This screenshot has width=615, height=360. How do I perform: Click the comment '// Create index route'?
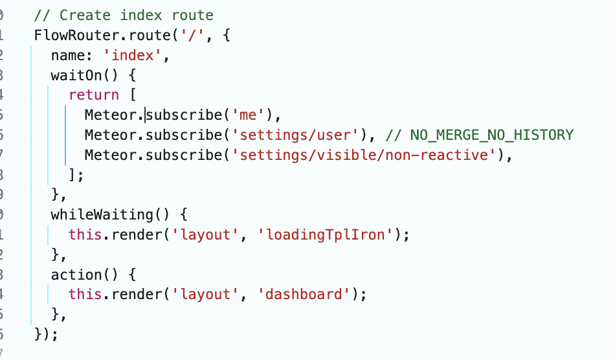124,16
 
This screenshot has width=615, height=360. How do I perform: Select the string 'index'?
133,55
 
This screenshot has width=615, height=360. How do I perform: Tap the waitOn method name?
76,75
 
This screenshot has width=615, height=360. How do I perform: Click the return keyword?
94,95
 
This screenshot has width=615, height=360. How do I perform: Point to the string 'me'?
248,115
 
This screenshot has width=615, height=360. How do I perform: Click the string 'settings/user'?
295,135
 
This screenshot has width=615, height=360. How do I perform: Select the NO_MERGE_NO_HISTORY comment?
479,135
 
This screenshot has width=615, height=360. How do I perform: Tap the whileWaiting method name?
102,214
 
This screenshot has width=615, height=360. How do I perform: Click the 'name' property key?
68,55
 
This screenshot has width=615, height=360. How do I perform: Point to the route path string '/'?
192,36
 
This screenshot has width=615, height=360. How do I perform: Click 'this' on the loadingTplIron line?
85,234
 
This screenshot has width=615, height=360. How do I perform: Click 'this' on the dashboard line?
85,294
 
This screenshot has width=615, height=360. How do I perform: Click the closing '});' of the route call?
46,335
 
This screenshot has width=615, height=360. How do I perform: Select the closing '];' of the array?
76,175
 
